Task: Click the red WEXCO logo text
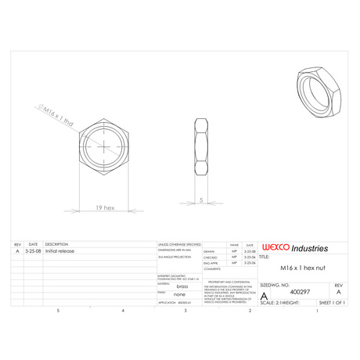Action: pyautogui.click(x=275, y=248)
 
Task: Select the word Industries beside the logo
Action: pyautogui.click(x=309, y=248)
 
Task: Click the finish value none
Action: pyautogui.click(x=179, y=295)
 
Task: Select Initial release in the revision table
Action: pyautogui.click(x=60, y=251)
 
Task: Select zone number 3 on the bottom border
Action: pyautogui.click(x=185, y=311)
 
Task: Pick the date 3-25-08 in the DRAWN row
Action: pyautogui.click(x=250, y=250)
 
